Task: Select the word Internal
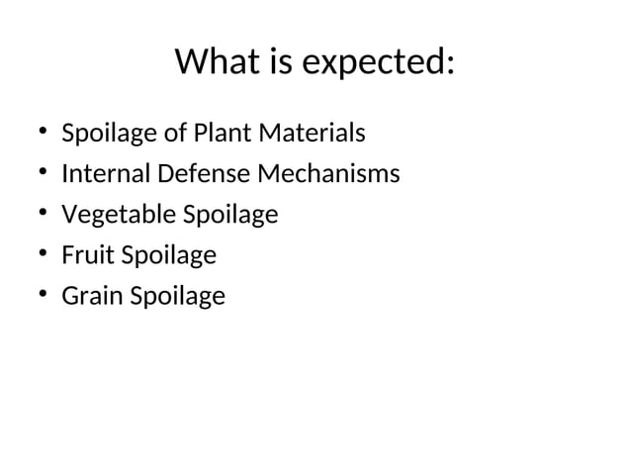pyautogui.click(x=106, y=174)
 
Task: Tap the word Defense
pyautogui.click(x=204, y=174)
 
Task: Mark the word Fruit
pyautogui.click(x=86, y=255)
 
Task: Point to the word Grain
pyautogui.click(x=90, y=296)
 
